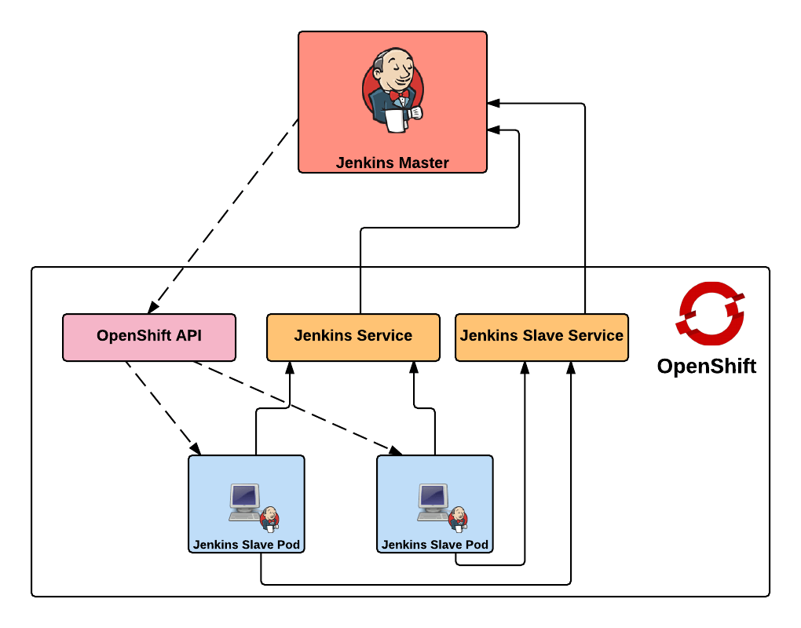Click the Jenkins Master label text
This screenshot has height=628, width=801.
(392, 163)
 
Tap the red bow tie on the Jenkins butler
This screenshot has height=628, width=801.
(399, 95)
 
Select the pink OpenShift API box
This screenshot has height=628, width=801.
(149, 337)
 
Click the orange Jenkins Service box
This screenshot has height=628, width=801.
(353, 337)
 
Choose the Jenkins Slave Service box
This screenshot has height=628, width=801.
(541, 337)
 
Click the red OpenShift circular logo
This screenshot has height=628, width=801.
(709, 313)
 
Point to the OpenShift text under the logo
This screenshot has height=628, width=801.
(706, 366)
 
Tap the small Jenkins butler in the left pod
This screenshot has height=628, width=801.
(269, 519)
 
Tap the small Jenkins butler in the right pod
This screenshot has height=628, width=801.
(458, 519)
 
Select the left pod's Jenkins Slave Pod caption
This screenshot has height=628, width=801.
(246, 544)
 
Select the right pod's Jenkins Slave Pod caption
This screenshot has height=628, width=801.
(434, 544)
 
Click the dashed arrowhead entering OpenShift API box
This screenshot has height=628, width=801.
(153, 307)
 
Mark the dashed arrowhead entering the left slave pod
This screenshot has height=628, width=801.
(196, 449)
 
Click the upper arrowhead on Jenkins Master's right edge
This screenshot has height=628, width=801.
(492, 103)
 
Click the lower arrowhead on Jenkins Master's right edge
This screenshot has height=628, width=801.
(492, 130)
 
